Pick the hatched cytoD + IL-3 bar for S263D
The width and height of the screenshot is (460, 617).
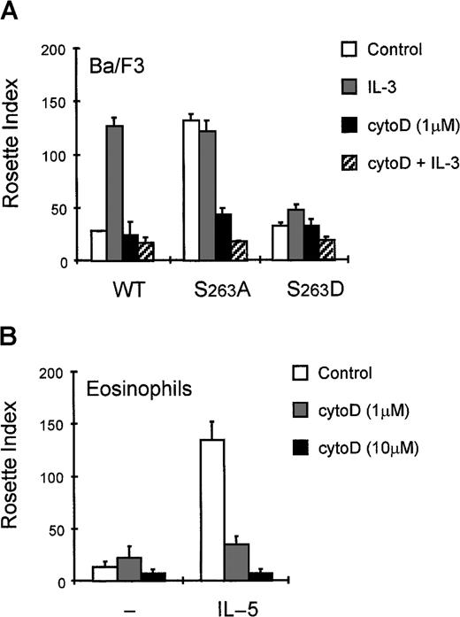click(327, 251)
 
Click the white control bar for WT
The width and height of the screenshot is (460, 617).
click(98, 245)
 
